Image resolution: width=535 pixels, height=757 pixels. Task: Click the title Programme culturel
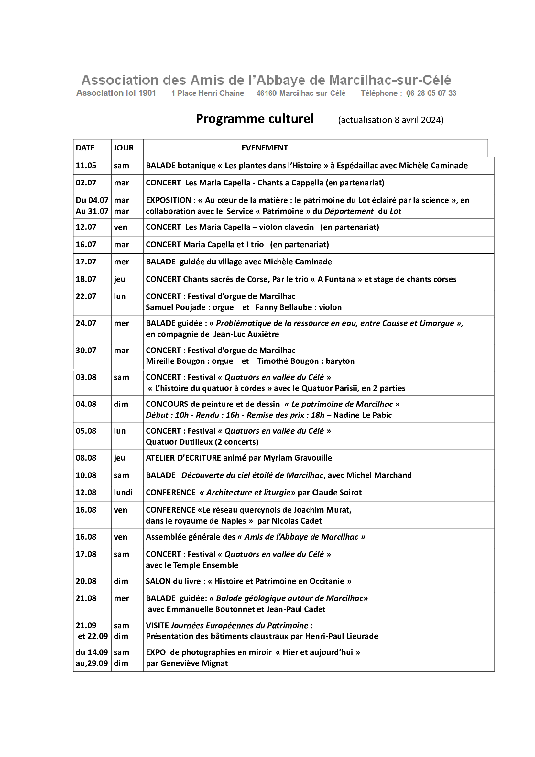pos(254,119)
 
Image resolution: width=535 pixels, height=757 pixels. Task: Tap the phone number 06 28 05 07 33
pos(431,93)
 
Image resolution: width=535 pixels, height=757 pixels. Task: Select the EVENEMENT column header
pos(265,148)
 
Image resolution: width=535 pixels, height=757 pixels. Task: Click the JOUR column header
pos(124,148)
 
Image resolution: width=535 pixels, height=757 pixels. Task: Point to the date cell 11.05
pos(86,165)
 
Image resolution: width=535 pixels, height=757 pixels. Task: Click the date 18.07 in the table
pos(86,279)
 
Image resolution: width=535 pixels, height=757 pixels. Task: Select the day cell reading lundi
pos(123,493)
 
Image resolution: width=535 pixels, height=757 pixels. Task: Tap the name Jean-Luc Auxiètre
pos(246,334)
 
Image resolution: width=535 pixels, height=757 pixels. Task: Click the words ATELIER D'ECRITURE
pos(183,458)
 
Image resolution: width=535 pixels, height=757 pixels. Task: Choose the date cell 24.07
pos(86,323)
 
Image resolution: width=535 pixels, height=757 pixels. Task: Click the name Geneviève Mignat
pos(194,663)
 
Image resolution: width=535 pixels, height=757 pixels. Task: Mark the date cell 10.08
pos(86,475)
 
